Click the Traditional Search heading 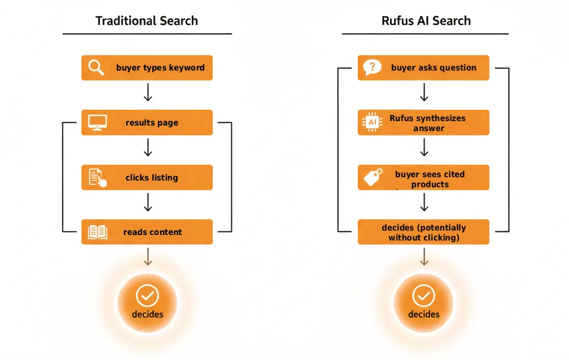coord(147,21)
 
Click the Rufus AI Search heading coord(426,21)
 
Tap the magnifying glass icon coord(97,67)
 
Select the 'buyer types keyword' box coord(147,68)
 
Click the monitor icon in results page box coord(97,122)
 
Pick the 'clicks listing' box coord(147,177)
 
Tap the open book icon coord(97,232)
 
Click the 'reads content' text coord(152,232)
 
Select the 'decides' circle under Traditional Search coord(147,303)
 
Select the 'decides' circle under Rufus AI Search coord(423,303)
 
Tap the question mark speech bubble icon coord(372,67)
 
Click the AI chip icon coord(372,122)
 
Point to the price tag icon coord(372,177)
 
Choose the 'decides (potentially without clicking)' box coord(423,232)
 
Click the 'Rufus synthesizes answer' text coord(428,123)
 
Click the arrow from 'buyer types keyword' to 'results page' coord(147,92)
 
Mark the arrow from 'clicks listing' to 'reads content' coord(147,202)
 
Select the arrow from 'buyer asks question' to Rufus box coord(423,92)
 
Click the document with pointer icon coord(97,177)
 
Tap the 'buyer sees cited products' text coord(430,179)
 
